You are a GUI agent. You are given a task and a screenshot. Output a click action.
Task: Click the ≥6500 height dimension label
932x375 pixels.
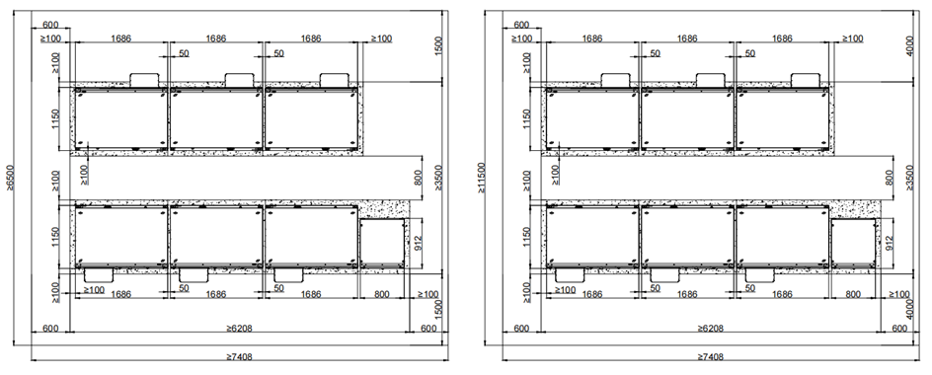[10, 178]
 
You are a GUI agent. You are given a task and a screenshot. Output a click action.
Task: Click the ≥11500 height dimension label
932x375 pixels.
[481, 178]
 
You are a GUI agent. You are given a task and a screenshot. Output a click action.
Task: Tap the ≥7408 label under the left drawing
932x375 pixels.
[240, 357]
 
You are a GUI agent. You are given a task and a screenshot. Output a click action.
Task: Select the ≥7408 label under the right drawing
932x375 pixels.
[711, 357]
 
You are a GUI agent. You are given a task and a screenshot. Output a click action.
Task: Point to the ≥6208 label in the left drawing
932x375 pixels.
[240, 328]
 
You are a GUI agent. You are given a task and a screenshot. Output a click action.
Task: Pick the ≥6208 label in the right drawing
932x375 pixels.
[711, 328]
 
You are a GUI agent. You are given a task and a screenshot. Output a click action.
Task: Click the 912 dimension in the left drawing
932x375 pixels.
[419, 243]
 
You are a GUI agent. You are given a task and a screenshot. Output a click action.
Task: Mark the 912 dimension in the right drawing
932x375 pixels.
[890, 243]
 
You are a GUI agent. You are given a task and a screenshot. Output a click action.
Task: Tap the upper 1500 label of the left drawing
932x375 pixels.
[438, 47]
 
